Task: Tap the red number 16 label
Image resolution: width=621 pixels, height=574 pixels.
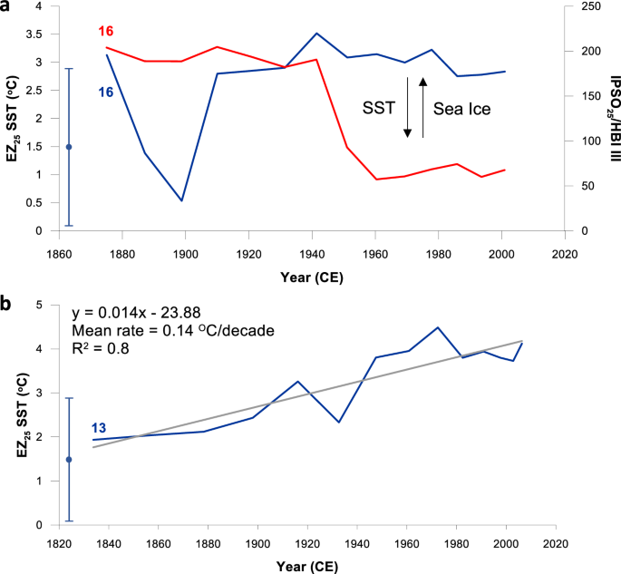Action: coord(106,32)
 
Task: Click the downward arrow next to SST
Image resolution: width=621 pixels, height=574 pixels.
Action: coord(408,108)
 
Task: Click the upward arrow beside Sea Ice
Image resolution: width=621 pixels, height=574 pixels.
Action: coord(422,108)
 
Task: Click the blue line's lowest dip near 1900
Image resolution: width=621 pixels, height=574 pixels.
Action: coord(181,200)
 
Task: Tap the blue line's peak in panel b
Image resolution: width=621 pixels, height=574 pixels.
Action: coord(438,327)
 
